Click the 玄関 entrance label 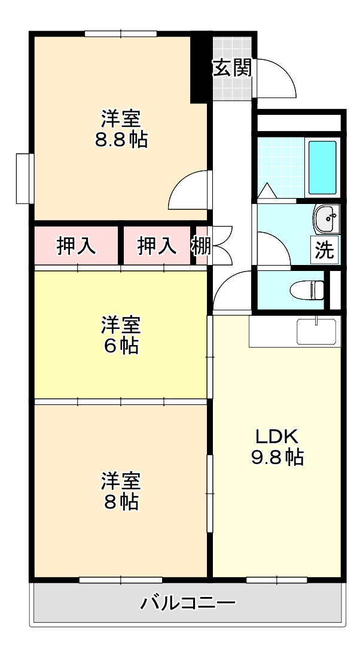pyautogui.click(x=232, y=69)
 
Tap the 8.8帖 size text pyautogui.click(x=121, y=140)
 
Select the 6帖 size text pyautogui.click(x=121, y=345)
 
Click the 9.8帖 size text pyautogui.click(x=276, y=458)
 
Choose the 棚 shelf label pyautogui.click(x=201, y=245)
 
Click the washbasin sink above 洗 pyautogui.click(x=327, y=218)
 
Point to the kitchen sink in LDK pyautogui.click(x=316, y=331)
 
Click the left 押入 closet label pyautogui.click(x=76, y=246)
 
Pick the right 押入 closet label pyautogui.click(x=157, y=246)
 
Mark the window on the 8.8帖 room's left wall pyautogui.click(x=23, y=178)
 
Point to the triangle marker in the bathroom pyautogui.click(x=266, y=190)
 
